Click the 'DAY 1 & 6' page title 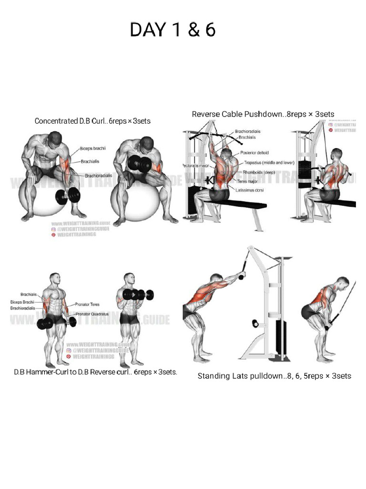tap(173, 30)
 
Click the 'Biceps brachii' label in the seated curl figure tap(93, 149)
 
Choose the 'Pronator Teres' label tap(87, 304)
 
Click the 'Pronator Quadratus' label tap(91, 314)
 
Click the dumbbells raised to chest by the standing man tap(138, 295)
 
